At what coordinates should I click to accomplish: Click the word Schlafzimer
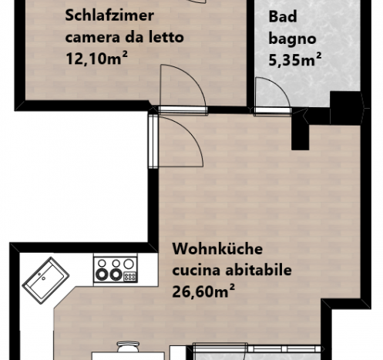pos(109,15)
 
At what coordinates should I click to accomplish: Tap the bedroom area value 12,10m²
pos(96,58)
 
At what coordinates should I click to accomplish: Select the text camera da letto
pos(125,37)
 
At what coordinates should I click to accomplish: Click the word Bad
pos(283,17)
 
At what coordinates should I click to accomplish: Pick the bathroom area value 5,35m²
pos(295,59)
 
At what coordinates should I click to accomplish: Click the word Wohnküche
pos(217,249)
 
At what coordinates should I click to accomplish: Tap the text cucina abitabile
pos(232,270)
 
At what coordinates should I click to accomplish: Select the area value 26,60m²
pos(203,291)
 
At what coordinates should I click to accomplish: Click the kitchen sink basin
pos(45,281)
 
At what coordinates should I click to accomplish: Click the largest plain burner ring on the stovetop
pos(129,264)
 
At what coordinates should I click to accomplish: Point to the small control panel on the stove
pos(130,277)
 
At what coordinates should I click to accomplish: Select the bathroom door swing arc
pos(279,86)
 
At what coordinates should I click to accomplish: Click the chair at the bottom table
pos(128,347)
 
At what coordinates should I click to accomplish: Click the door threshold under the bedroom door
pos(183,110)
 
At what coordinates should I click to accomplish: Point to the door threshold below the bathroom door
pos(272,111)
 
